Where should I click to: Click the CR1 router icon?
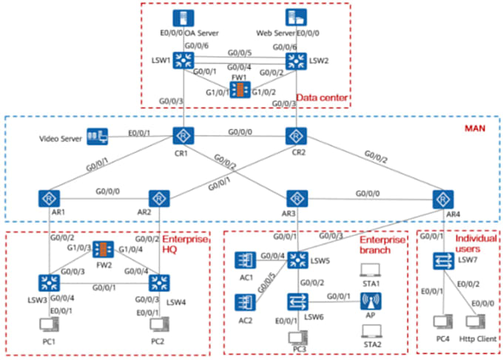tap(183, 136)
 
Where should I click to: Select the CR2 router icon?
tap(296, 136)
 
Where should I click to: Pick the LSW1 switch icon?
tap(183, 61)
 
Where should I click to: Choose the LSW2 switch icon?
tap(296, 61)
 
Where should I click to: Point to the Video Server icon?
tap(96, 137)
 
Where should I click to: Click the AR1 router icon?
tap(50, 199)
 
